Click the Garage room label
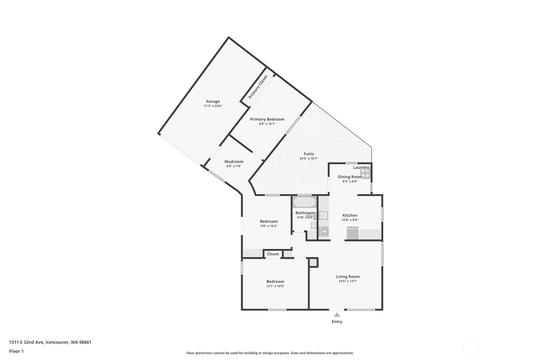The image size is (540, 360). pos(213,102)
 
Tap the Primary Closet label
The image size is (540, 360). pos(258,87)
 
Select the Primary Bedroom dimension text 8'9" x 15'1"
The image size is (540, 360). pos(267,124)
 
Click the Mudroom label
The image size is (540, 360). pos(234,162)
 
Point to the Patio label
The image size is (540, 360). pos(309,154)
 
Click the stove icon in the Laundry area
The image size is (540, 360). pos(365,173)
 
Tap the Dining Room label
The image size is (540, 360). pos(350,177)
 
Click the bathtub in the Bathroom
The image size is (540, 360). pos(305,202)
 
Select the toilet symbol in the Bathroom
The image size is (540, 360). pos(324,232)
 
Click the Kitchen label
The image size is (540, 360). pos(350,215)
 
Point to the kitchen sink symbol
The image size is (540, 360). pos(323,216)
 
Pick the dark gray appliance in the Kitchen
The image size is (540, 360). pos(353,233)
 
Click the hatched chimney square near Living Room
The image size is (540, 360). pos(313,263)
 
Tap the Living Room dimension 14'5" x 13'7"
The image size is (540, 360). pos(347,281)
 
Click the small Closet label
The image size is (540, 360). pos(273,254)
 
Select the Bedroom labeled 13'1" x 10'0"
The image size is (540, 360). pos(275,282)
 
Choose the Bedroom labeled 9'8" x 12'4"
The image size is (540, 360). pos(269,222)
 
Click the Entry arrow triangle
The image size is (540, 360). pos(337,315)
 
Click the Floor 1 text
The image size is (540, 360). pos(16,351)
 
